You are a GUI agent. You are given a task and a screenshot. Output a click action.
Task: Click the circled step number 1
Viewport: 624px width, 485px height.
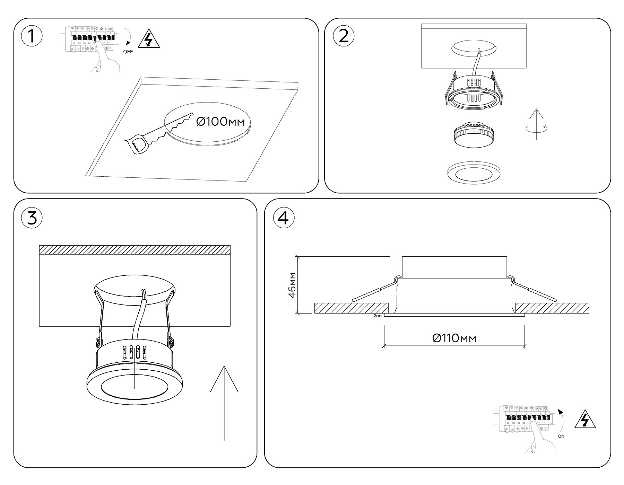pos(32,36)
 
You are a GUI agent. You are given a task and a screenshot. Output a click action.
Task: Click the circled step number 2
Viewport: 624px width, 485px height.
pos(343,36)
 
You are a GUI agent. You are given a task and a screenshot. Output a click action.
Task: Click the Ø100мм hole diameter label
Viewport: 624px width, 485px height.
pos(220,122)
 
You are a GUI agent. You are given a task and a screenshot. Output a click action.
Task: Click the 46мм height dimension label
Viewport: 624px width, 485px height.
pos(292,285)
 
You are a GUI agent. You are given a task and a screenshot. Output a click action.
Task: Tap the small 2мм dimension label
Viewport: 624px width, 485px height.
pos(378,316)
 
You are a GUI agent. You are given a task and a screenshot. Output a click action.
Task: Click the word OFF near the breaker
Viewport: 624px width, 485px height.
pos(128,52)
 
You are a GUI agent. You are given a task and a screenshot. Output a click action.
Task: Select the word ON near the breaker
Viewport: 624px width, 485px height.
pos(561,436)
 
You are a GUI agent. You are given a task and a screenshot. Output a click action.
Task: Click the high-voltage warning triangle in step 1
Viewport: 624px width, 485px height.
pos(149,39)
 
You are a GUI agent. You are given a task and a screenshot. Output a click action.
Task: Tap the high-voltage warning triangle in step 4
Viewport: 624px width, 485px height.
pos(585,420)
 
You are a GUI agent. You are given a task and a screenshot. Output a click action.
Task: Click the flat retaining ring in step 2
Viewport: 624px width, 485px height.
pos(474,172)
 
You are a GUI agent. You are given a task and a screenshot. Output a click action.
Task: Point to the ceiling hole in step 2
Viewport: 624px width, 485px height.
pos(474,48)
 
